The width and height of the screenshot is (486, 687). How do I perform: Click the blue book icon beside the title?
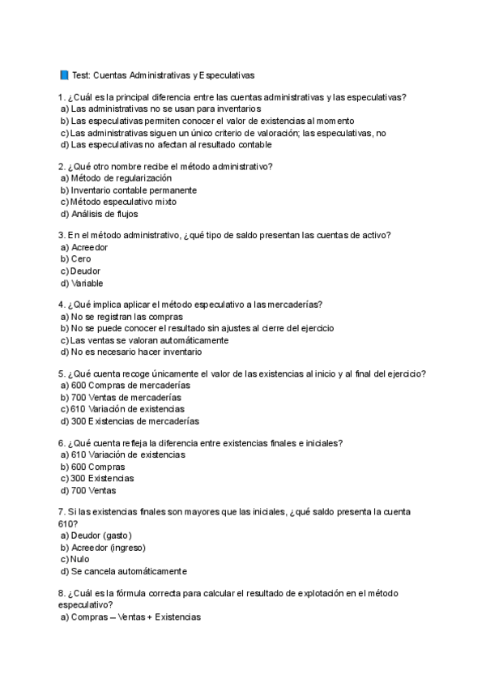[x=64, y=75]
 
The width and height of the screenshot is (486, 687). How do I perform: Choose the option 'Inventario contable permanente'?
[x=134, y=190]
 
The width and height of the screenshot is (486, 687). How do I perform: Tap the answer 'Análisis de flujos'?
[x=104, y=214]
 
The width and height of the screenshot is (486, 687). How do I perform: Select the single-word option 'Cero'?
[x=81, y=259]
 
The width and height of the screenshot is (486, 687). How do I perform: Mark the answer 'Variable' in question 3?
[x=87, y=284]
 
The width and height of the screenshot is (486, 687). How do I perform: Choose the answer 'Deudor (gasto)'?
[x=101, y=536]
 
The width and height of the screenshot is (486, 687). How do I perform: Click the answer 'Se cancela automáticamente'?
[x=129, y=571]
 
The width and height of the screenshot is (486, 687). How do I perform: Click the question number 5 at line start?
[x=62, y=373]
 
